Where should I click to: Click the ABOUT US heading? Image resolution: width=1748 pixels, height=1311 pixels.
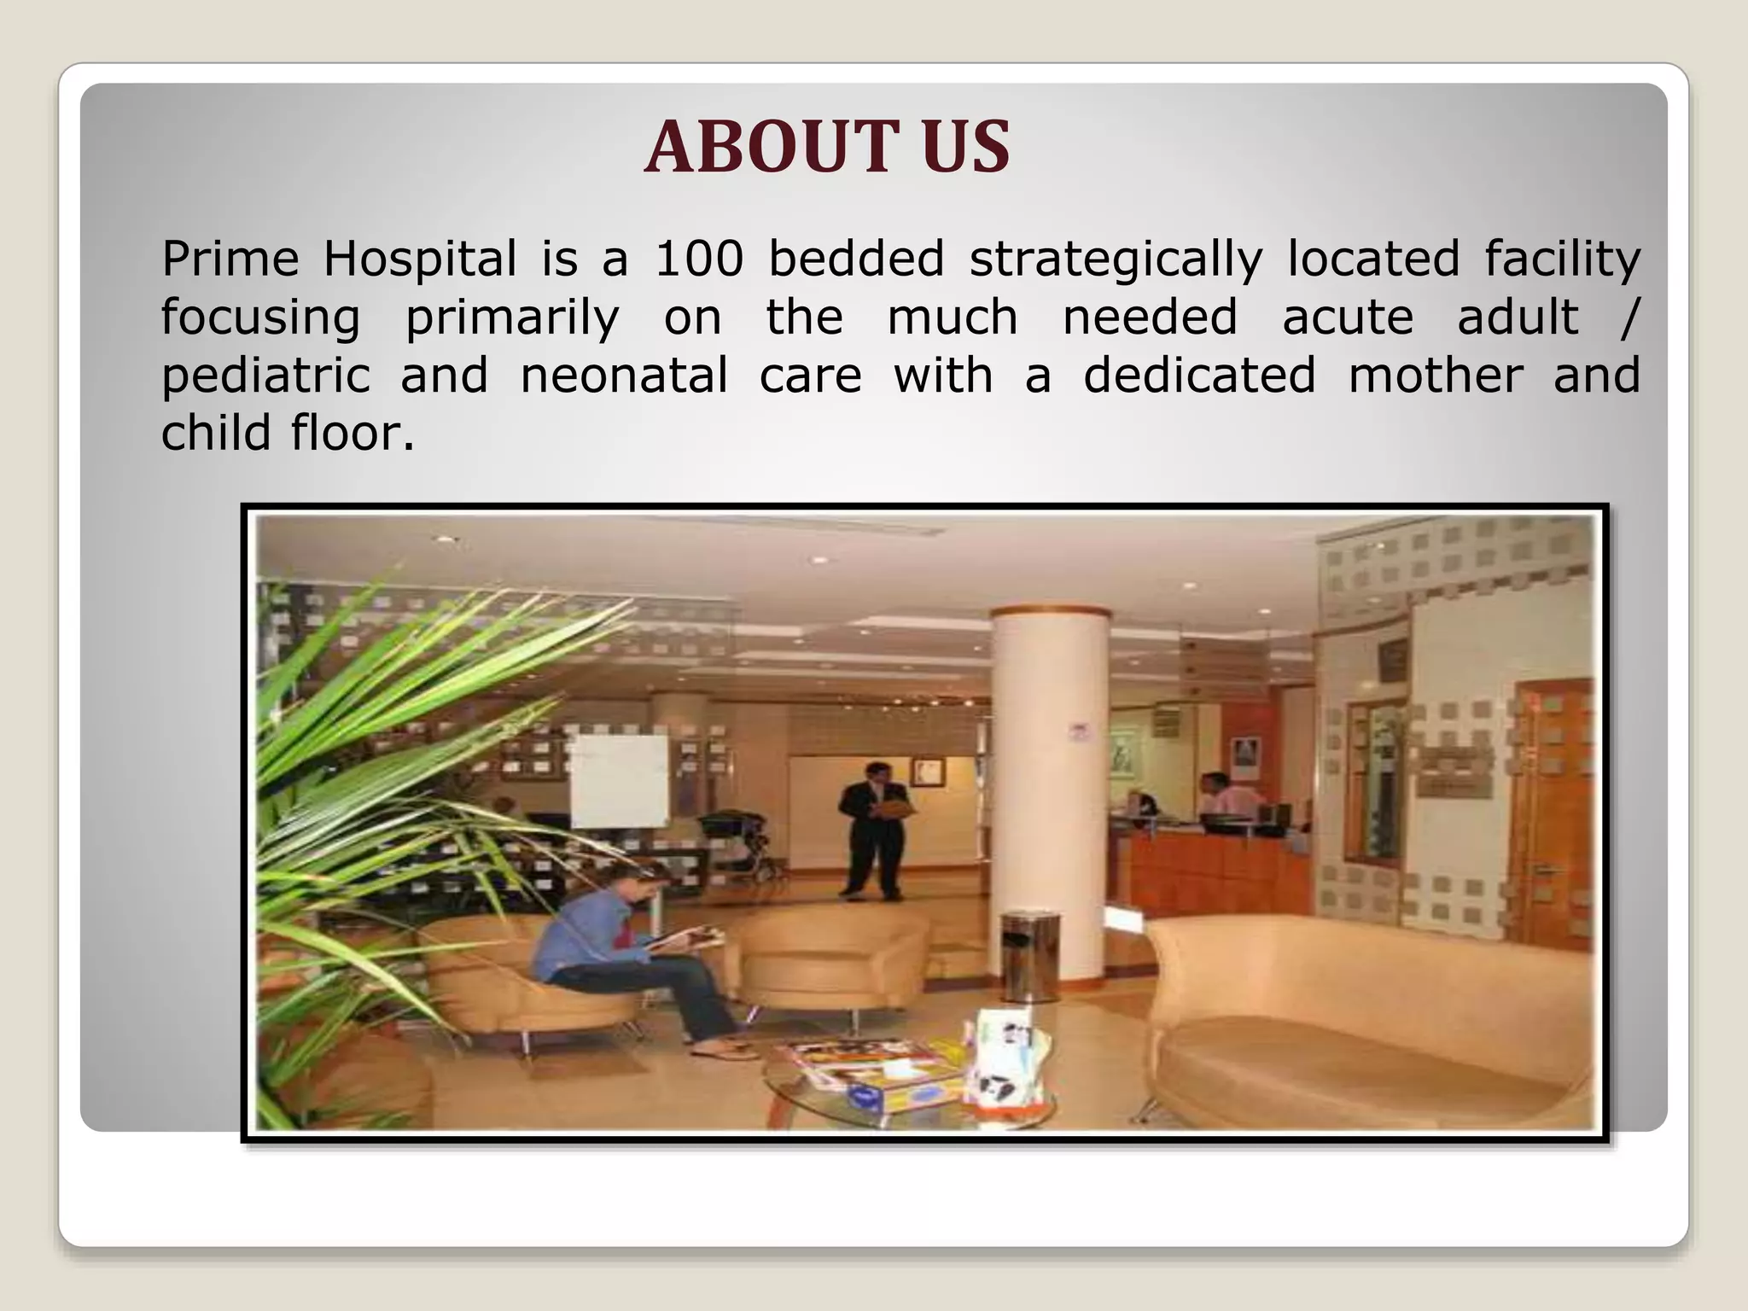pos(826,147)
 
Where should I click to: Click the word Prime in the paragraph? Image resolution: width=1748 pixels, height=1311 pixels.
pos(230,259)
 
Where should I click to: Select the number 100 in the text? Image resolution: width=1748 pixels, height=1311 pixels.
pos(699,259)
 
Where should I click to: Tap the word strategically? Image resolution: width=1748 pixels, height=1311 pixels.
pos(1116,260)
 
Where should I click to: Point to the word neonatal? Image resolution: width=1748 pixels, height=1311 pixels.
pos(624,376)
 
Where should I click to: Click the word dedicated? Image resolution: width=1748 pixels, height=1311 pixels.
pos(1199,376)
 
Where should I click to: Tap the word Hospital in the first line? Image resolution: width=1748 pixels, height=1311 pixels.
pos(419,260)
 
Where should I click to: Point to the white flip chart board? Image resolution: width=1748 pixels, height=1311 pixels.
pos(619,781)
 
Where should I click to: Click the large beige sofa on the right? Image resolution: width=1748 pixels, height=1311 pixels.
pos(1366,1016)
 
